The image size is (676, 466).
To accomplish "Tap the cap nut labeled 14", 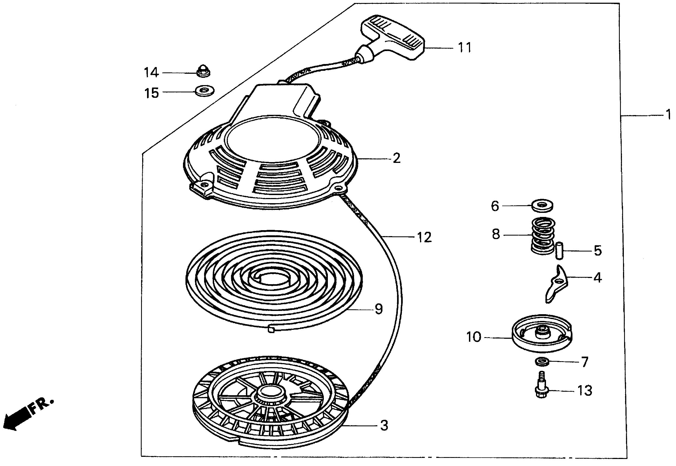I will [204, 72].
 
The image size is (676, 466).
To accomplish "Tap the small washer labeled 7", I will [542, 362].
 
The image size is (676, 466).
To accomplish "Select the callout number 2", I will [397, 159].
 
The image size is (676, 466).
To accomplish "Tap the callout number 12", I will [424, 237].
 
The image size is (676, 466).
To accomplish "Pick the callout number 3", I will [384, 425].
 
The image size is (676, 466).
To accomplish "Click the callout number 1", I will [668, 115].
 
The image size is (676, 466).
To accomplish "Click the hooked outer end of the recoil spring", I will [271, 330].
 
